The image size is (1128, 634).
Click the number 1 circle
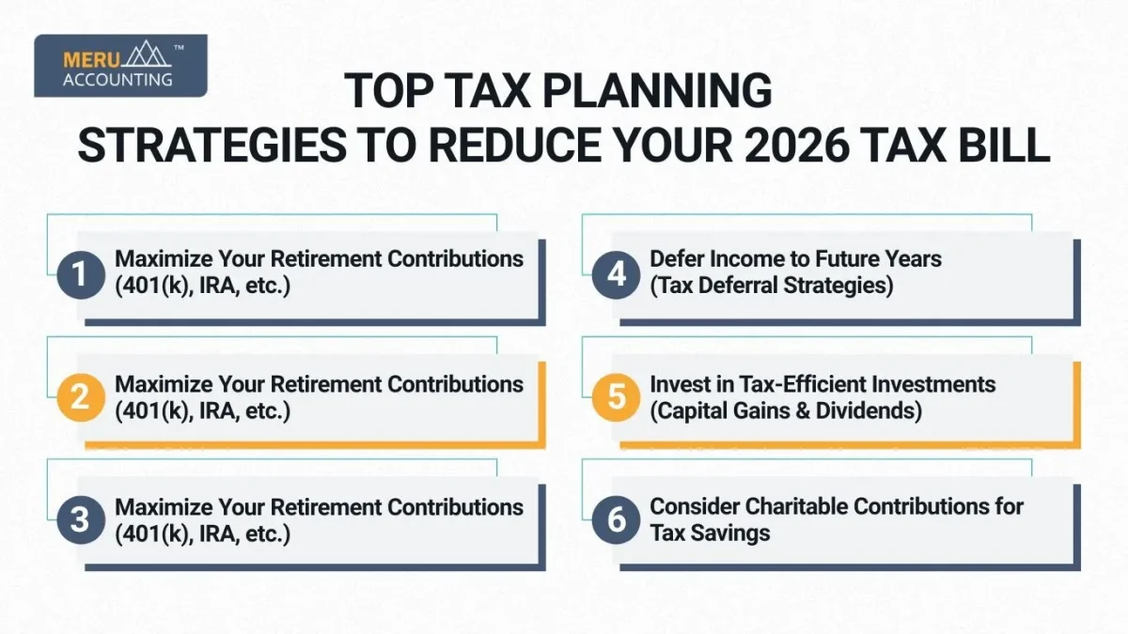coord(79,273)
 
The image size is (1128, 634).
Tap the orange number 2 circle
coord(79,397)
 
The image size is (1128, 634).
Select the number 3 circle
coord(79,520)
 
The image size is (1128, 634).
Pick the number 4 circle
coord(616,273)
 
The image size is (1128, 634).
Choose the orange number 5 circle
coord(616,397)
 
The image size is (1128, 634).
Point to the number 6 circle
coord(616,520)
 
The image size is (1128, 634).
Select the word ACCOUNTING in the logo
coord(117,80)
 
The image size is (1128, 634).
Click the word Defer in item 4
coord(679,258)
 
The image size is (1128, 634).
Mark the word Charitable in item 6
coord(802,506)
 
